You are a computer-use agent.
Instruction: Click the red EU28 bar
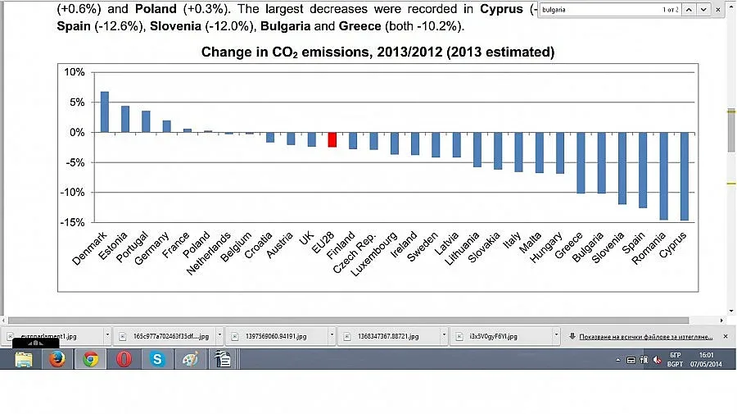(332, 139)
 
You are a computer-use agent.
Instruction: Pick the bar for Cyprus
(685, 176)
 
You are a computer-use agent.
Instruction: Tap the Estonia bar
(125, 119)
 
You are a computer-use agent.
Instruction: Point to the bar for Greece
(581, 162)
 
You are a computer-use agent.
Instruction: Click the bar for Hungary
(560, 152)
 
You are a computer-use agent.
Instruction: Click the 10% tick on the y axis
(75, 73)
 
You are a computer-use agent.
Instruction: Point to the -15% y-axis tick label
(73, 222)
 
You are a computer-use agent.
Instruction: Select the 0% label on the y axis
(76, 133)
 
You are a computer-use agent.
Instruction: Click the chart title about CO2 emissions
(378, 52)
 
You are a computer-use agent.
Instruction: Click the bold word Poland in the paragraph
(156, 9)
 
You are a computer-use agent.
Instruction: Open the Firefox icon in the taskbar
(57, 359)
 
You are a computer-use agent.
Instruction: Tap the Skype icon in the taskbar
(156, 359)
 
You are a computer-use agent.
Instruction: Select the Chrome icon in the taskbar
(90, 359)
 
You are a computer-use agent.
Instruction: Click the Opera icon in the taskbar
(124, 359)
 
